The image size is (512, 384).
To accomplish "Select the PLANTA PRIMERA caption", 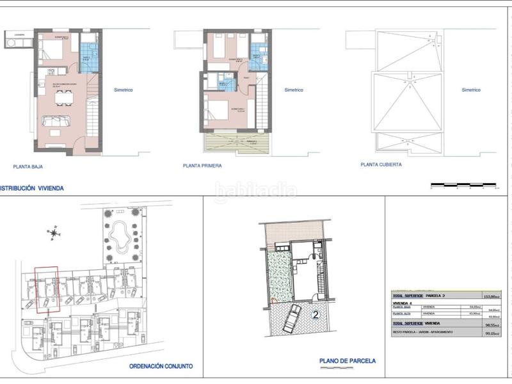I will pos(202,165).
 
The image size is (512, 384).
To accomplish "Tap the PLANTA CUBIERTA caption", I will pos(381,164).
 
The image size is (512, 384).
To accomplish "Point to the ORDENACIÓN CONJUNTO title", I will pos(161,367).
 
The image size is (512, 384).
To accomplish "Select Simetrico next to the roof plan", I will pos(470,90).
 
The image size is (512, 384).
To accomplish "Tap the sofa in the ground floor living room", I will pos(58,121).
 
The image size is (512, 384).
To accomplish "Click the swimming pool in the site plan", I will pos(120,239).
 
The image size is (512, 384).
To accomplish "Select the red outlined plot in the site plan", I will pos(46,289).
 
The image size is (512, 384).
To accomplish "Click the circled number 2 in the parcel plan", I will pos(315,315).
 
